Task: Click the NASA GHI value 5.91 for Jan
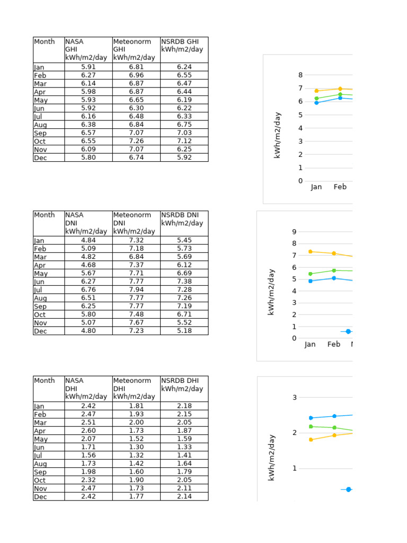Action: click(x=88, y=67)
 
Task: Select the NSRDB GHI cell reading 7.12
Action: click(x=184, y=141)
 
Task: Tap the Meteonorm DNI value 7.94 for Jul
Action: click(x=136, y=290)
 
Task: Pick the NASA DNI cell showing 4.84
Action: click(x=88, y=240)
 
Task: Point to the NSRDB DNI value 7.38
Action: click(x=184, y=282)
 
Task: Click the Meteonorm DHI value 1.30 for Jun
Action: click(x=136, y=447)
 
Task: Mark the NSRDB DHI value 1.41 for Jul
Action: click(x=184, y=456)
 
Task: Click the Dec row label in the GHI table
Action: click(x=40, y=158)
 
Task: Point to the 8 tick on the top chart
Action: click(x=300, y=75)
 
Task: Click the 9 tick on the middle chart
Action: click(x=294, y=232)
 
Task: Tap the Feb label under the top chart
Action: click(x=340, y=187)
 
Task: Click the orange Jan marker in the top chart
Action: click(x=316, y=91)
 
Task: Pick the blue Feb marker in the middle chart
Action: click(x=334, y=278)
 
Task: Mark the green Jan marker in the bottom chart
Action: click(x=311, y=426)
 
